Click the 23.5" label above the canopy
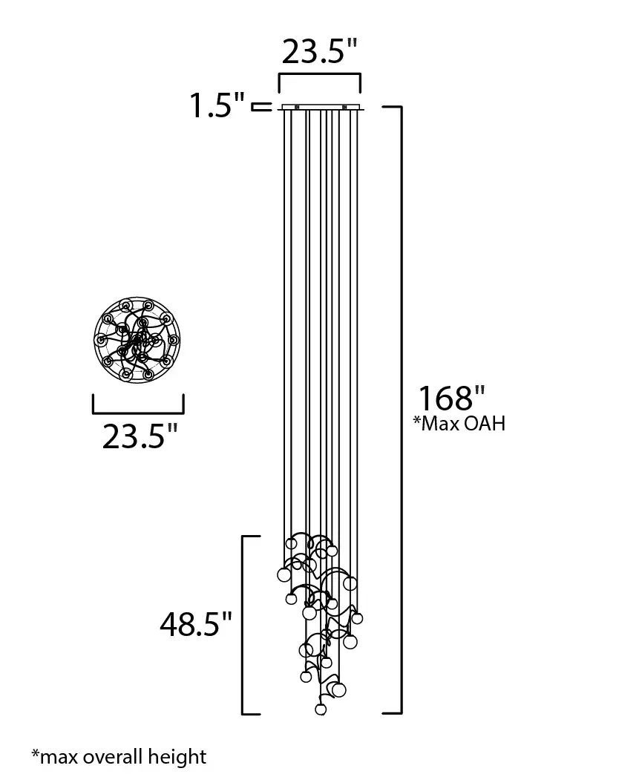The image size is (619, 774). (x=319, y=50)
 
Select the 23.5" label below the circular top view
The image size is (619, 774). (x=140, y=436)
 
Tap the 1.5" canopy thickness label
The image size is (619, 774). (x=217, y=105)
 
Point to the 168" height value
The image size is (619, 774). (x=452, y=399)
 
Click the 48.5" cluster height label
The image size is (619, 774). (x=195, y=624)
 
